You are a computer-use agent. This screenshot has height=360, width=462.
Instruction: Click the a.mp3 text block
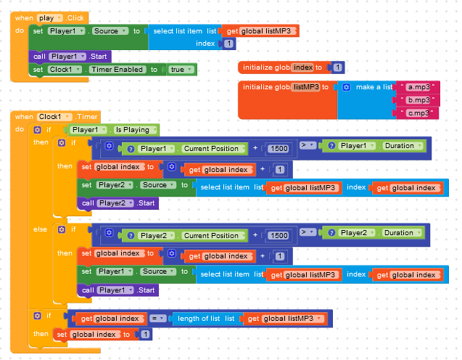(x=418, y=86)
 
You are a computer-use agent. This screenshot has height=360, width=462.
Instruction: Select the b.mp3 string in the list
(x=418, y=99)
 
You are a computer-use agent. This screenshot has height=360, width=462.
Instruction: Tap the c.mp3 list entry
(x=418, y=113)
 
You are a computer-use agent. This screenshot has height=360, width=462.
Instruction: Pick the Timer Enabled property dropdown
(x=117, y=70)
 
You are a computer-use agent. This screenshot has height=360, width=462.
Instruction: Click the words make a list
(x=374, y=86)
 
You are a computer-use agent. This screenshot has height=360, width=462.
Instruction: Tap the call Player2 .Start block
(x=117, y=203)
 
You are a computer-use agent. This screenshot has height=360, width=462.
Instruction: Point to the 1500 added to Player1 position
(x=278, y=148)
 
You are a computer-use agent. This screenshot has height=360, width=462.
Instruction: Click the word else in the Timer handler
(x=40, y=229)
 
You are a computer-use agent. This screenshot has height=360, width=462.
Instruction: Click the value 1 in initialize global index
(x=337, y=67)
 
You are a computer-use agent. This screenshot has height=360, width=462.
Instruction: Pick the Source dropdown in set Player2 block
(x=157, y=185)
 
